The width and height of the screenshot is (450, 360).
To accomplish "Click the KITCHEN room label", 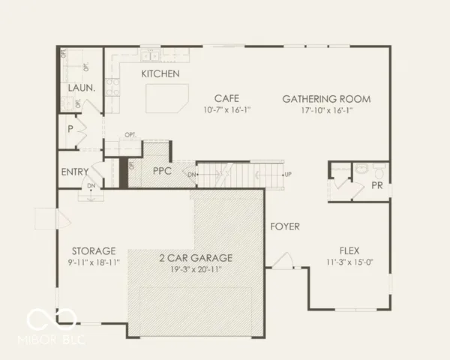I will tap(160, 73).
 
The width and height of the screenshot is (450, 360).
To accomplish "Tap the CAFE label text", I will tap(227, 98).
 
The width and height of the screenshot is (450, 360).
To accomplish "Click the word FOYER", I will tap(286, 225).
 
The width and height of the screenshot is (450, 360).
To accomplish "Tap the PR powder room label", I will tap(377, 185).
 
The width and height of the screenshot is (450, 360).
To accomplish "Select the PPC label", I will tap(163, 171).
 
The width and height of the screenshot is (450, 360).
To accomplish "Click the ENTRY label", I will tap(75, 172).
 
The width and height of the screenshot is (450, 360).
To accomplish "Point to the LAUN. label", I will tap(81, 88).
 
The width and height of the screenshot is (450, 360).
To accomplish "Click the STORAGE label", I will tap(94, 250).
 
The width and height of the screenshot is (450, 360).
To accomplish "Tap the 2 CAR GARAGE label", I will tap(195, 257).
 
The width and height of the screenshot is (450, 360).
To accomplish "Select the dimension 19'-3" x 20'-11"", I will tap(195, 268).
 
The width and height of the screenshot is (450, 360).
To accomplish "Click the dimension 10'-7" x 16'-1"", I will tap(227, 110).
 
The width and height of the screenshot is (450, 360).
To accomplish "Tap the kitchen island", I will tap(167, 97).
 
